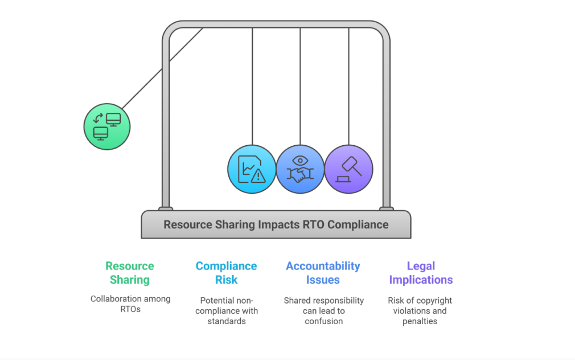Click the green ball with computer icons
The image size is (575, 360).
(107, 126)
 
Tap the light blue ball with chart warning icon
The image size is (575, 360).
(252, 170)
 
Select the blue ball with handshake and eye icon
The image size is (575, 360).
(300, 170)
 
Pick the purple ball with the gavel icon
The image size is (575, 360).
(348, 170)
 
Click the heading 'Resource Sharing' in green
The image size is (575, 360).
(130, 273)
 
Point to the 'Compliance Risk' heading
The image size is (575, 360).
(226, 273)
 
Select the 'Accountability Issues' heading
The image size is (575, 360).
(323, 273)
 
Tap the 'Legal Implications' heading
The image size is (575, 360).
(421, 273)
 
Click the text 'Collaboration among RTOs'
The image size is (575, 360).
(130, 304)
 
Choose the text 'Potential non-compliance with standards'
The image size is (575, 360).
(226, 310)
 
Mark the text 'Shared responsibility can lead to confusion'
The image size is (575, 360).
(323, 310)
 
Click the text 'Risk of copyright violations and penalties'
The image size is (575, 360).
(420, 310)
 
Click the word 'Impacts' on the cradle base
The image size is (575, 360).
(278, 224)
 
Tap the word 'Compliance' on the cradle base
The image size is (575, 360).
(358, 224)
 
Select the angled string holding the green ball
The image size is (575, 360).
(162, 68)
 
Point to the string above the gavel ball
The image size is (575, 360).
(348, 85)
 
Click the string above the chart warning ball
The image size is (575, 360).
(252, 85)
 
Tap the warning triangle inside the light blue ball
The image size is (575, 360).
(260, 176)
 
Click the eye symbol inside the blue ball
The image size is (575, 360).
(300, 161)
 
